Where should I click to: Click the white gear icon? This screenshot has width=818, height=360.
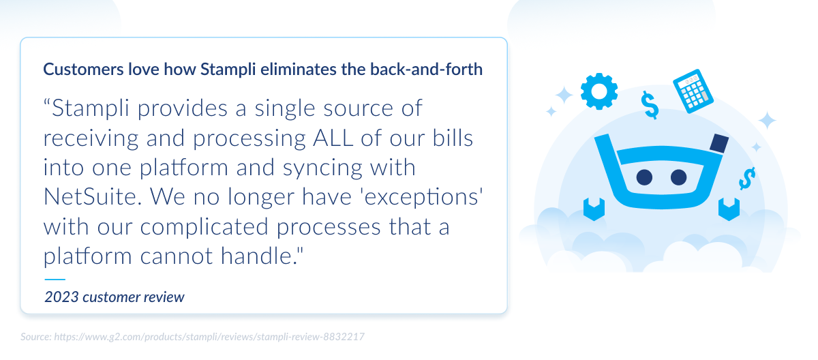[x=599, y=92]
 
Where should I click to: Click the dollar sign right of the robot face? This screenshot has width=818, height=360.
[x=747, y=179]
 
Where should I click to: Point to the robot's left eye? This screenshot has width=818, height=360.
[x=644, y=177]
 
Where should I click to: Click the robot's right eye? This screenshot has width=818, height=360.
[x=678, y=177]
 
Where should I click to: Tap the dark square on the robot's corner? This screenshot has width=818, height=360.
[x=718, y=144]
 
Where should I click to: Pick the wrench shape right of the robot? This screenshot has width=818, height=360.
[x=729, y=207]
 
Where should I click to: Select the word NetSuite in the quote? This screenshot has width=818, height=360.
[x=91, y=196]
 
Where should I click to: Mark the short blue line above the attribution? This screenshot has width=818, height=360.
[x=55, y=279]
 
